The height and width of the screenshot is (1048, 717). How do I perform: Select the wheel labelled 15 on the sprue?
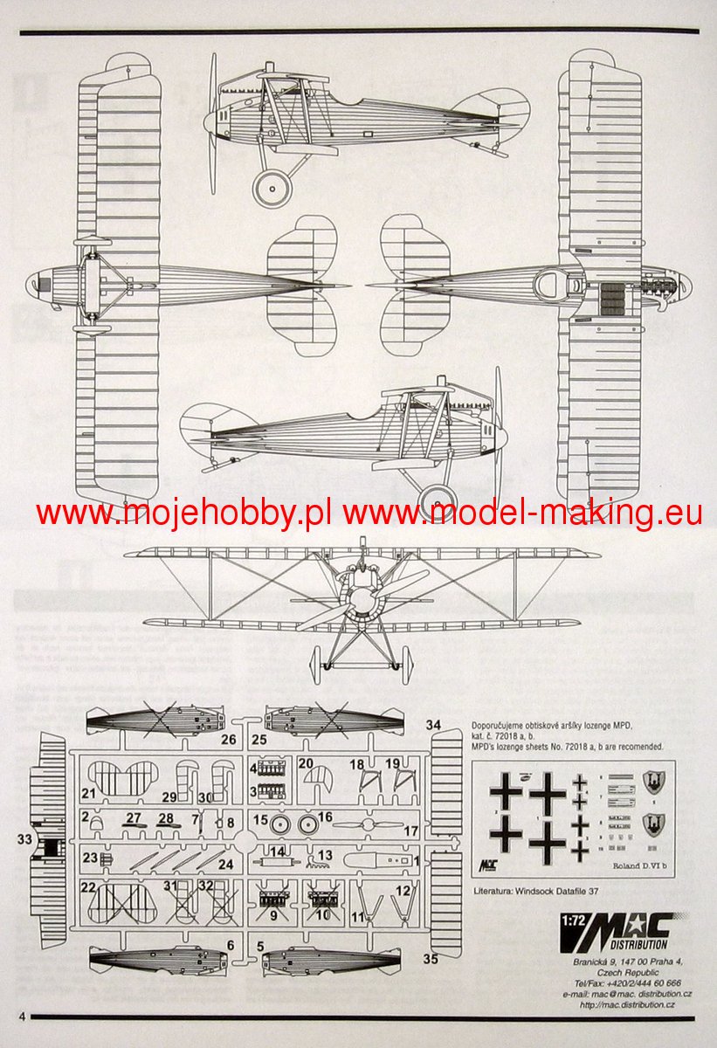280,823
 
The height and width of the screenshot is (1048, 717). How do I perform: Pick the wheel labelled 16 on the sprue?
307,823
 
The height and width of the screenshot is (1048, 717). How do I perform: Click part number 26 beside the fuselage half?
229,741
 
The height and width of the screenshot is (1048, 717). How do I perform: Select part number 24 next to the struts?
225,865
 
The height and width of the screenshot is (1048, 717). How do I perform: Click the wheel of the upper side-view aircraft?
273,186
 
